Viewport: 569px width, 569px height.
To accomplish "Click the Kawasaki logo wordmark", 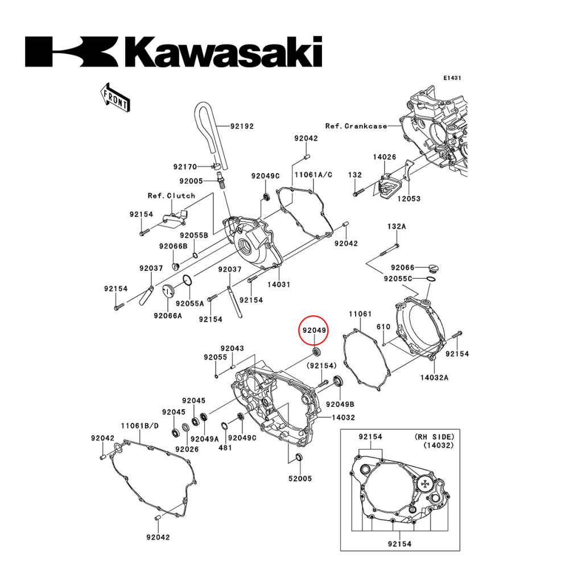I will click(x=174, y=52).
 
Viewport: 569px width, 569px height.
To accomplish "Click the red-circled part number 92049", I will click(x=314, y=330).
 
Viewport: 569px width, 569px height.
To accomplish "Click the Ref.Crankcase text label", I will click(x=356, y=126).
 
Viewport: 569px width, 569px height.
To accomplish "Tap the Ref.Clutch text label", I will click(x=171, y=195).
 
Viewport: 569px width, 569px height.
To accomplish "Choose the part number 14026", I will click(x=384, y=156).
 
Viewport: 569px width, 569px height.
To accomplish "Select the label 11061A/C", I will click(x=312, y=176).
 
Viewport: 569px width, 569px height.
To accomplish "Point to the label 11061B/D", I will click(x=140, y=426).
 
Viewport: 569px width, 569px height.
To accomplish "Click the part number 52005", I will click(x=300, y=479).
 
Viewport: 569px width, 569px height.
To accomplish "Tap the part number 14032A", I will click(x=434, y=377).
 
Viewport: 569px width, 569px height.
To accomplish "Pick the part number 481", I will click(x=225, y=448).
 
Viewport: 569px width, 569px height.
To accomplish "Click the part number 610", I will click(x=384, y=327).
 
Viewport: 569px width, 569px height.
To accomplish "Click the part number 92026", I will click(x=187, y=449).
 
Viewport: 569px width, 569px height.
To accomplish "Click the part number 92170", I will click(x=185, y=167).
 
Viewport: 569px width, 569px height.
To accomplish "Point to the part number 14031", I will click(x=279, y=283).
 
